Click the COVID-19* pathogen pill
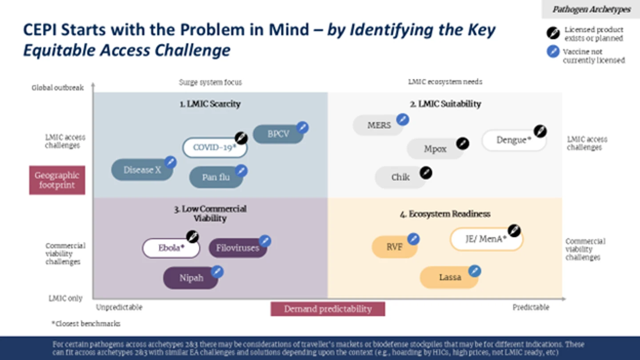click(x=215, y=148)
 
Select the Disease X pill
click(x=142, y=170)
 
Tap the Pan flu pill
click(x=216, y=177)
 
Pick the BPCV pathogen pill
click(x=278, y=134)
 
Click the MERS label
click(x=379, y=125)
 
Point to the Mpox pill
click(x=435, y=149)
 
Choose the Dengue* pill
click(x=514, y=140)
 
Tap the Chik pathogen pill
click(x=400, y=177)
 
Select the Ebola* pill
click(x=171, y=248)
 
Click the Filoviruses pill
click(x=238, y=248)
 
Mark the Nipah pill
click(x=191, y=278)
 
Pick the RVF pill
click(x=394, y=247)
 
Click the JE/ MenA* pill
click(x=486, y=239)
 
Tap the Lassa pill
click(x=449, y=277)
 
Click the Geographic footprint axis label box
click(x=57, y=180)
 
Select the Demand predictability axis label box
click(x=328, y=309)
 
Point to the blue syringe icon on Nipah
click(x=217, y=272)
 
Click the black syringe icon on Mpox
click(x=463, y=143)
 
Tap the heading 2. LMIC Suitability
click(x=445, y=104)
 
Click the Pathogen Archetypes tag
click(x=591, y=9)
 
